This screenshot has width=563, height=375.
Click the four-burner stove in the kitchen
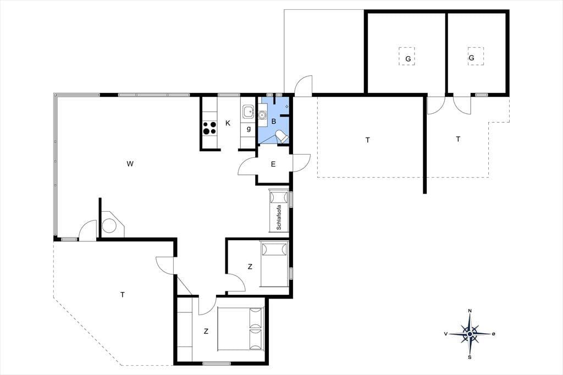[209, 128]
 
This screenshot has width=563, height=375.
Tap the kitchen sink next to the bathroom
[248, 112]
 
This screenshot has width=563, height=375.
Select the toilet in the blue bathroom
[281, 136]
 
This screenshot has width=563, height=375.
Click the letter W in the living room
[130, 164]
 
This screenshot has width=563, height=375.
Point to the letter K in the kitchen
[228, 123]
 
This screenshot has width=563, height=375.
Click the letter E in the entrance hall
[273, 164]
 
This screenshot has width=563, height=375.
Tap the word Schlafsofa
[279, 217]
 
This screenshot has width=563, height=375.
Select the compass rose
[470, 334]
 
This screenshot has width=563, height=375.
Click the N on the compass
[470, 311]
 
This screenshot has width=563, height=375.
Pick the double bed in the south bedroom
[240, 329]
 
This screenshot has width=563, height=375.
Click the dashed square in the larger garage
[407, 56]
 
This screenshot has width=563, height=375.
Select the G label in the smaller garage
[471, 58]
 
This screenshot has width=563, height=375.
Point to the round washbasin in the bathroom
[262, 115]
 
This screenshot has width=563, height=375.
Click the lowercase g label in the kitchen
[249, 129]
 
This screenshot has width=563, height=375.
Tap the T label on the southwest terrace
[123, 295]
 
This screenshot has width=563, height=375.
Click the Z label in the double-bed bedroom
[206, 331]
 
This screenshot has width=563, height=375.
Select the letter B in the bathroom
[274, 122]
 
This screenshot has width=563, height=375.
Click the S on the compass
[470, 357]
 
